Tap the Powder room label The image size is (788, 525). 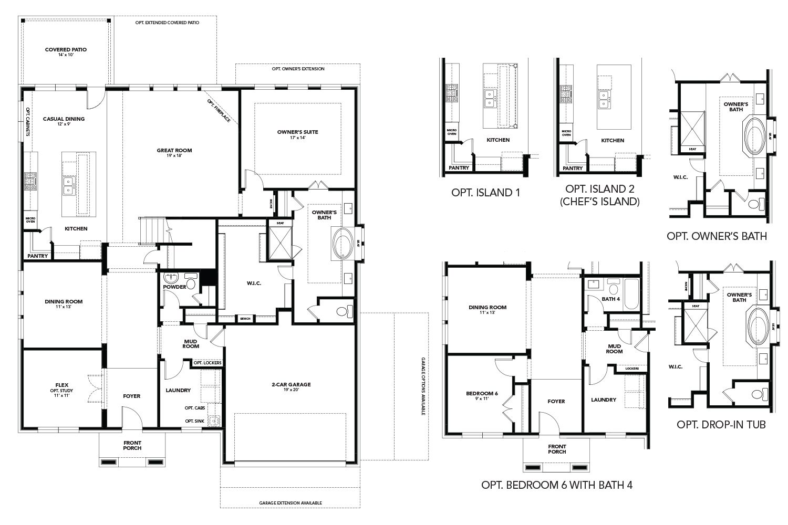point(174,287)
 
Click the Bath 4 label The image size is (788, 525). point(611,299)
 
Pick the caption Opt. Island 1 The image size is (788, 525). point(485,192)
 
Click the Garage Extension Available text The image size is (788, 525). point(291,503)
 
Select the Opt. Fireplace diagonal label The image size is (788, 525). point(219,111)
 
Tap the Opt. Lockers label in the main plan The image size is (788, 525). point(208,363)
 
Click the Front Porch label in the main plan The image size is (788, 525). point(132,446)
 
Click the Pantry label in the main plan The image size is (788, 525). point(38,256)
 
